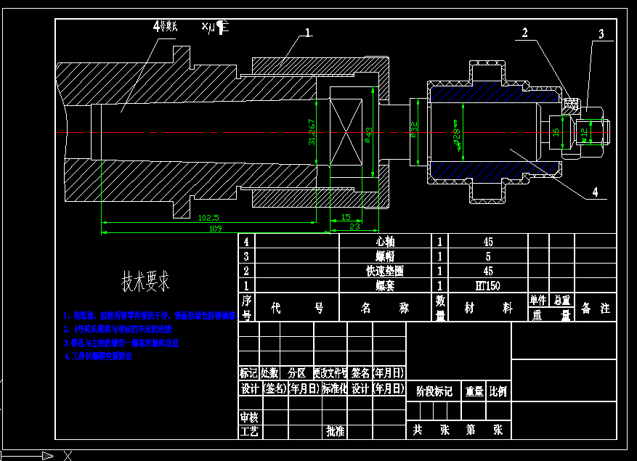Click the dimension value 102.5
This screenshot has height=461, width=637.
[208, 217]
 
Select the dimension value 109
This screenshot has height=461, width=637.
[215, 228]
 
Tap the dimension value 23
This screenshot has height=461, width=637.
[354, 227]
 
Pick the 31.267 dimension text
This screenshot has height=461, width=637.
[312, 132]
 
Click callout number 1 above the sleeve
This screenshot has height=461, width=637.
[308, 33]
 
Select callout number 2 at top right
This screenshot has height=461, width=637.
[525, 32]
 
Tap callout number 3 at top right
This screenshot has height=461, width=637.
[601, 33]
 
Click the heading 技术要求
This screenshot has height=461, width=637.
[145, 281]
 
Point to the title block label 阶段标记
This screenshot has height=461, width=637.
[434, 391]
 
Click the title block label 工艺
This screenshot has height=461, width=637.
[249, 431]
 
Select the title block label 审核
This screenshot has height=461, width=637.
[249, 417]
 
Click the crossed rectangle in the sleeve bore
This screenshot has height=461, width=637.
[346, 133]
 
